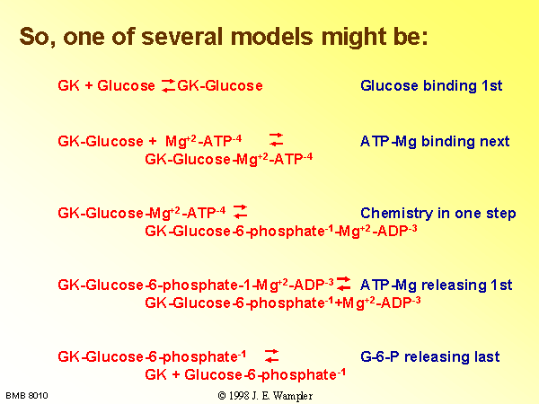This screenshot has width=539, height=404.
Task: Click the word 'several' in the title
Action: pyautogui.click(x=182, y=37)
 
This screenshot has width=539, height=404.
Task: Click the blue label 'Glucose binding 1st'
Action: pyautogui.click(x=431, y=85)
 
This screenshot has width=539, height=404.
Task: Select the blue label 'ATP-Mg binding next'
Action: pyautogui.click(x=435, y=142)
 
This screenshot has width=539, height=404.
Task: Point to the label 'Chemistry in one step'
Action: pyautogui.click(x=438, y=214)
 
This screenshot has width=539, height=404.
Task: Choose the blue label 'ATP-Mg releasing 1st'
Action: pyautogui.click(x=437, y=285)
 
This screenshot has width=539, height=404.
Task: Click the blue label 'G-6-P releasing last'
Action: pyautogui.click(x=430, y=357)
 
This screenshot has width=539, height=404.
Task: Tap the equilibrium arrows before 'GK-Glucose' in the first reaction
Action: pyautogui.click(x=169, y=85)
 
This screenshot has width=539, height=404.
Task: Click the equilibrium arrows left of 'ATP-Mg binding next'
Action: pyautogui.click(x=276, y=140)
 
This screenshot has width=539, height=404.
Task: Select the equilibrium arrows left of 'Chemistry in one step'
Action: pyautogui.click(x=240, y=212)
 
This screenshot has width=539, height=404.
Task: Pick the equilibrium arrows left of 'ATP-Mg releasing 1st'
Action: pyautogui.click(x=343, y=284)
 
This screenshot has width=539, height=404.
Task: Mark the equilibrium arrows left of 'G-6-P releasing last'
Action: pyautogui.click(x=271, y=356)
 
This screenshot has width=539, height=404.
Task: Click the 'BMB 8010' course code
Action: pyautogui.click(x=27, y=396)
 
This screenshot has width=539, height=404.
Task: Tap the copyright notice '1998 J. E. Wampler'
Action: pyautogui.click(x=265, y=396)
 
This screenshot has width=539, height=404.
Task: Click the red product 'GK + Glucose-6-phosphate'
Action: pyautogui.click(x=245, y=374)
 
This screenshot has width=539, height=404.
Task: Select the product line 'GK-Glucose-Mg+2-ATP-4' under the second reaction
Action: pyautogui.click(x=229, y=160)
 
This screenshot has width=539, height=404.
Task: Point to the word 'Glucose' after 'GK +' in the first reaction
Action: pyautogui.click(x=126, y=85)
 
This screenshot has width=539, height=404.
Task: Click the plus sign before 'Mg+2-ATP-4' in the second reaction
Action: pyautogui.click(x=153, y=142)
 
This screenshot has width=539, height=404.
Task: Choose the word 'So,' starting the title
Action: pyautogui.click(x=37, y=38)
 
